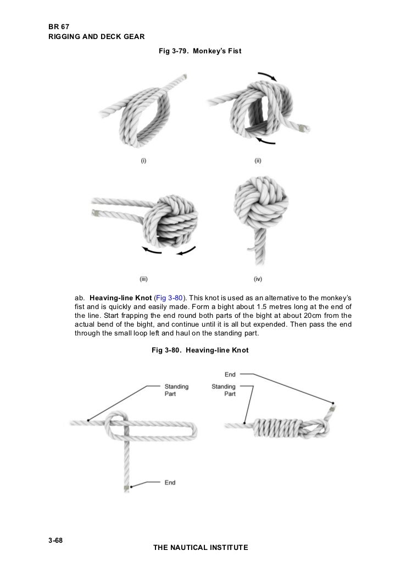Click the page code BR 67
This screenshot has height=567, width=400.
click(58, 26)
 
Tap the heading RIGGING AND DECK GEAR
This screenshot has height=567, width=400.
click(96, 37)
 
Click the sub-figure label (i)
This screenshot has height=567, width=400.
click(143, 161)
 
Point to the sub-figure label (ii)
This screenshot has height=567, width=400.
click(257, 161)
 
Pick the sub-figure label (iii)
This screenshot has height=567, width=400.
click(143, 279)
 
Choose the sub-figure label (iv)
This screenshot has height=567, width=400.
click(257, 279)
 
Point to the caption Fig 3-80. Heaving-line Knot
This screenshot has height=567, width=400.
click(200, 350)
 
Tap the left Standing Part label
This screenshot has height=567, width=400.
click(176, 390)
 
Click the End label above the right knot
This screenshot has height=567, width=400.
click(230, 375)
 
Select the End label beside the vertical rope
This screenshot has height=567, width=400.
click(170, 482)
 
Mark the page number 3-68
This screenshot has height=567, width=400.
click(55, 541)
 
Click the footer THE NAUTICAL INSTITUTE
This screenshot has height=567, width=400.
click(200, 548)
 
